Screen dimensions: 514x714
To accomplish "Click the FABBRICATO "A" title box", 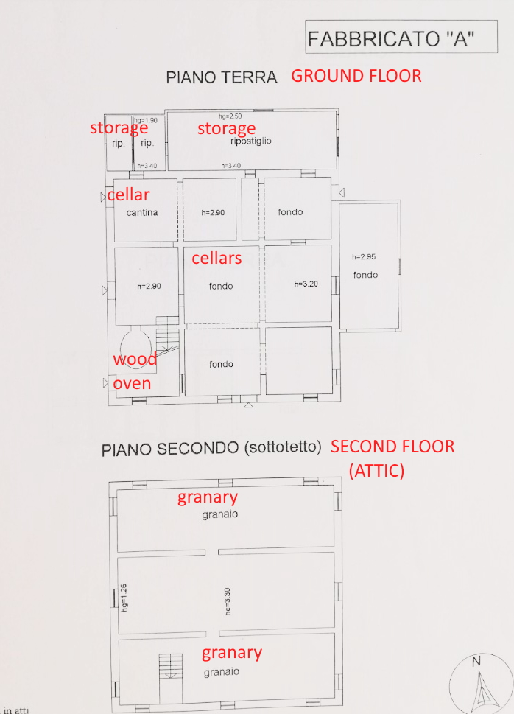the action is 401,37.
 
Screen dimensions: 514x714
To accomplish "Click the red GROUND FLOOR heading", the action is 356,76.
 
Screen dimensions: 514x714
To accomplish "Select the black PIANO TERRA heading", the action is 221,77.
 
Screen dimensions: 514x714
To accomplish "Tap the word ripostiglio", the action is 251,141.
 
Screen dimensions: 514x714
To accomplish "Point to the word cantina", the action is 142,213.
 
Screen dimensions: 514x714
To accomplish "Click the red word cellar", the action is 128,195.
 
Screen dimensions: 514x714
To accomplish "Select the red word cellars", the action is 216,258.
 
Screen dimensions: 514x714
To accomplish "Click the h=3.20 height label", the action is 306,284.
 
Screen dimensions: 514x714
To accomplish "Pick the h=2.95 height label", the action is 364,257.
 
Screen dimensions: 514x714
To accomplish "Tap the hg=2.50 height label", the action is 230,116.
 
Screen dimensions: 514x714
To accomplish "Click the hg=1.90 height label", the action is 146,120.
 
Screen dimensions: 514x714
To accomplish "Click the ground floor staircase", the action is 168,337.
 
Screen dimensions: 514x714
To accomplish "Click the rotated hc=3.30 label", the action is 228,601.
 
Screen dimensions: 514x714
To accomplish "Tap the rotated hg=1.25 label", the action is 124,598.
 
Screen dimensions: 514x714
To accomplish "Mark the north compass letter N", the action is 476,662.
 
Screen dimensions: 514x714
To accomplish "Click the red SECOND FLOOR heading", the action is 392,447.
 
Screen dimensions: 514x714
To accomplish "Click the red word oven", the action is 132,384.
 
